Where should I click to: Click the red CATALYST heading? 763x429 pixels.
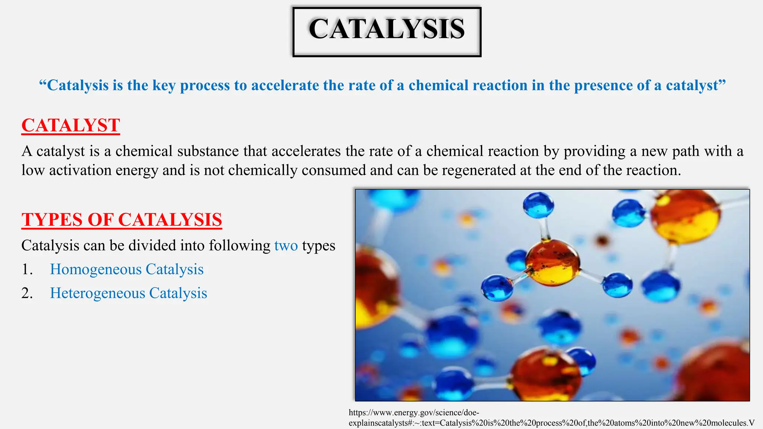[71, 125]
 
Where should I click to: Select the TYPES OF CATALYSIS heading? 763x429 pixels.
[122, 220]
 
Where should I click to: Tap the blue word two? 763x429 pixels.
[286, 246]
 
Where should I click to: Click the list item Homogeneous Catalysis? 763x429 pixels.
[127, 269]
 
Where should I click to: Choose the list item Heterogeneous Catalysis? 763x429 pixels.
[129, 293]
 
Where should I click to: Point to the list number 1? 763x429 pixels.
[27, 269]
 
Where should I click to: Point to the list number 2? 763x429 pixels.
[27, 293]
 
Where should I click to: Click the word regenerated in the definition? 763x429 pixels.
[477, 170]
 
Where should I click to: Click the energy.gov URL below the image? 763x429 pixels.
[414, 413]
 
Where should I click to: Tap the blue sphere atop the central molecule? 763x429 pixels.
[538, 205]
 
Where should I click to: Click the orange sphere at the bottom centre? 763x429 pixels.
[546, 374]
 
